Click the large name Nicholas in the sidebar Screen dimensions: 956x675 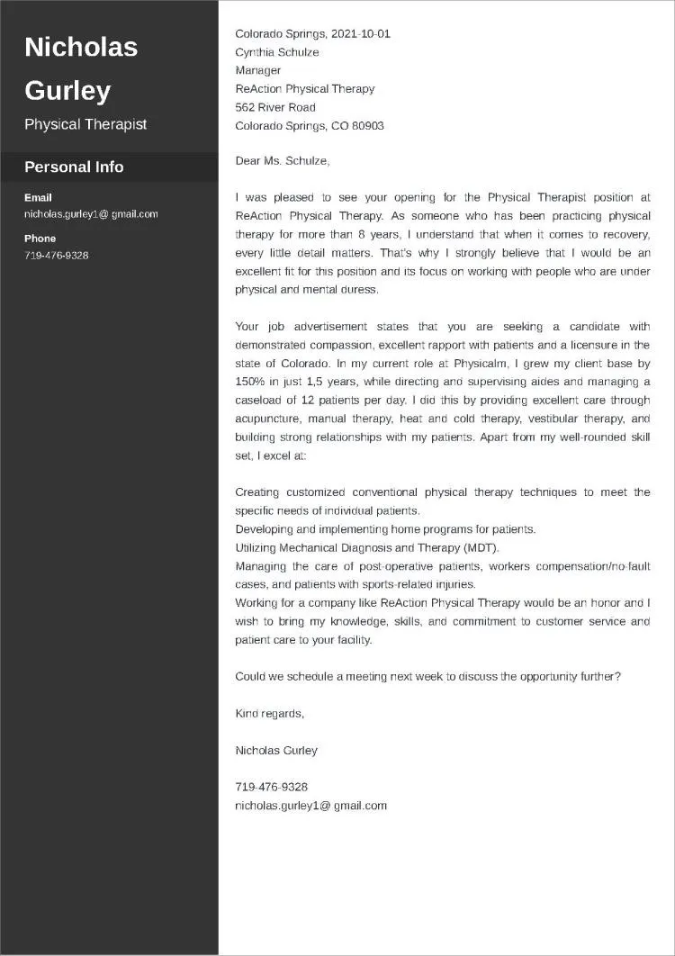pyautogui.click(x=81, y=47)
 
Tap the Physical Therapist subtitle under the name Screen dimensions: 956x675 pyautogui.click(x=85, y=124)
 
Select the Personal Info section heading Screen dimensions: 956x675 pyautogui.click(x=74, y=167)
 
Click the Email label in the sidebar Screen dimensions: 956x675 pyautogui.click(x=38, y=197)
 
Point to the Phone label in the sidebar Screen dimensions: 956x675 pyautogui.click(x=40, y=239)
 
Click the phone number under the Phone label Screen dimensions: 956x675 pyautogui.click(x=56, y=256)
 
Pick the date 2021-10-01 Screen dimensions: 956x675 pyautogui.click(x=361, y=33)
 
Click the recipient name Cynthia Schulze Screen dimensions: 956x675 pyautogui.click(x=277, y=52)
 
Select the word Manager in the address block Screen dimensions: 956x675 pyautogui.click(x=258, y=70)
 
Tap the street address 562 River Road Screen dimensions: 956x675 pyautogui.click(x=275, y=107)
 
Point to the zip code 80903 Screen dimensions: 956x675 pyautogui.click(x=368, y=126)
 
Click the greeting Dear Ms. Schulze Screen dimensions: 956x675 pyautogui.click(x=283, y=160)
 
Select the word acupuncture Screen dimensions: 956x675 pyautogui.click(x=266, y=419)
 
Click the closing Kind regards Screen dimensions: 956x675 pyautogui.click(x=270, y=714)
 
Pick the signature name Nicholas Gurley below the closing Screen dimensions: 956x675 pyautogui.click(x=276, y=750)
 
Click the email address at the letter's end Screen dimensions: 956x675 pyautogui.click(x=310, y=806)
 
